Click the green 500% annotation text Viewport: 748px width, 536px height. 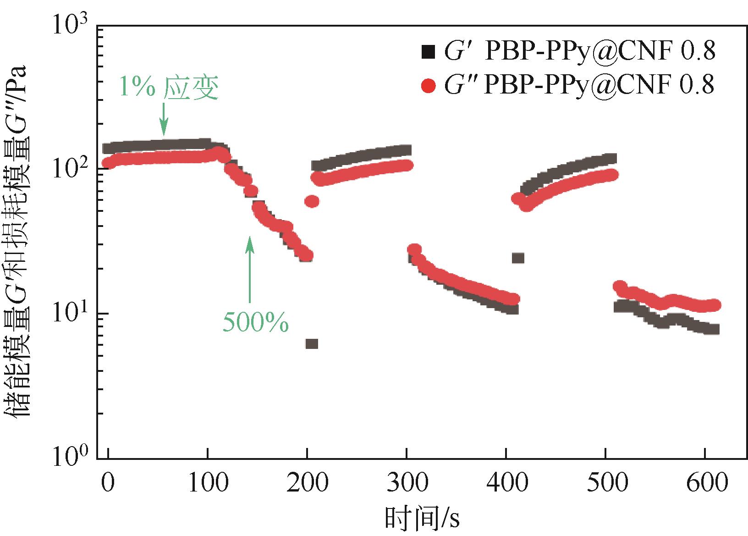256,322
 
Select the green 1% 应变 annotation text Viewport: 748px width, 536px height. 168,87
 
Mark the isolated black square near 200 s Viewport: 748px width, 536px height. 312,344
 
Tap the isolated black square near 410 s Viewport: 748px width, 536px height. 518,258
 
